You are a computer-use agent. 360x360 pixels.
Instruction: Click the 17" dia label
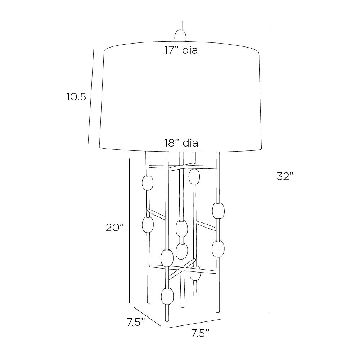point(181,50)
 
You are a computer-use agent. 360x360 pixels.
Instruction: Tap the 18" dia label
point(181,143)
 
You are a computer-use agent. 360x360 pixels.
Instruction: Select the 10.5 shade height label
point(76,97)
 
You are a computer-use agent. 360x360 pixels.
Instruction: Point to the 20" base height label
point(115,228)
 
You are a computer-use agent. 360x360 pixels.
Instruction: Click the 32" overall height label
point(285,176)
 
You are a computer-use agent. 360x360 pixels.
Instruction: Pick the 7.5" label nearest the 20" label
point(136,322)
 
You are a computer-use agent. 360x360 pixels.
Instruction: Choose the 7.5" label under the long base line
point(201,333)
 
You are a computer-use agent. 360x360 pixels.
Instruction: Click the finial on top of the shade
point(181,32)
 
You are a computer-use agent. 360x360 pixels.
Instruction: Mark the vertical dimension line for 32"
point(270,167)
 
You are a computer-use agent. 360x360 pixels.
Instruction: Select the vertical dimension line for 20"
point(130,231)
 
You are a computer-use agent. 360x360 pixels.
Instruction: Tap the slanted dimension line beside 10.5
point(91,96)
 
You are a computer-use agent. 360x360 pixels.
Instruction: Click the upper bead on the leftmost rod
point(147,183)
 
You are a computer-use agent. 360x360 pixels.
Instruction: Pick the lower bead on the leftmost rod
point(148,224)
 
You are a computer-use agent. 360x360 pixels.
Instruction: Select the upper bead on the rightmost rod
point(219,210)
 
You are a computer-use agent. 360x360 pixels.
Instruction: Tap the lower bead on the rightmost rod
point(218,249)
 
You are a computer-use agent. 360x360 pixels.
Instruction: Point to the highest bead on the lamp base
point(194,176)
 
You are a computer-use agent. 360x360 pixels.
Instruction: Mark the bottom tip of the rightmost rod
point(218,312)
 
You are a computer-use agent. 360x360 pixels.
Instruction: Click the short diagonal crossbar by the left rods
point(156,213)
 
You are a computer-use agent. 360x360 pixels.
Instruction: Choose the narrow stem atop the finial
point(181,25)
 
